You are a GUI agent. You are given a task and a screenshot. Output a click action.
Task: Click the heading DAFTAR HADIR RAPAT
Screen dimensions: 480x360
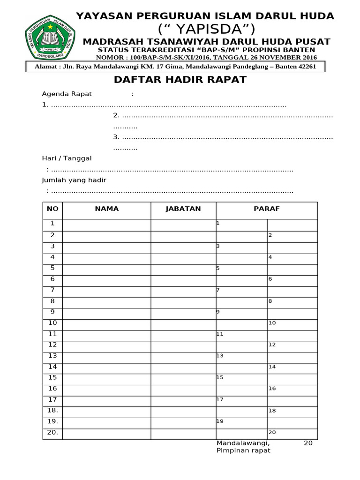pos(180,80)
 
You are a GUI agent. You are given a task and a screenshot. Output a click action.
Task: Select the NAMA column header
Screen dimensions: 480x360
pos(107,209)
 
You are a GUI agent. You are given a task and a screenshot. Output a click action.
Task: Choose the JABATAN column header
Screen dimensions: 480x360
pos(183,209)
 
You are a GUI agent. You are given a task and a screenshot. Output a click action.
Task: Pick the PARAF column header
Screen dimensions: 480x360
pos(266,209)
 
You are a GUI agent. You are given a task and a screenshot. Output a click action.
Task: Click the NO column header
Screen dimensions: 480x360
pos(52,209)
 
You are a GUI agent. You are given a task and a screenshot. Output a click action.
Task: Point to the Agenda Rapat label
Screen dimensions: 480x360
pos(67,94)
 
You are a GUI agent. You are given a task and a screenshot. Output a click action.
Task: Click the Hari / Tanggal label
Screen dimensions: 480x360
pos(67,158)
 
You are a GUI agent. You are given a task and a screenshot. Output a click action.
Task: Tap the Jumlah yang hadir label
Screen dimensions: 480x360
pos(74,180)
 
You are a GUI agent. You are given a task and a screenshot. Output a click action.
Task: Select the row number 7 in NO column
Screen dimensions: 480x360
pos(52,290)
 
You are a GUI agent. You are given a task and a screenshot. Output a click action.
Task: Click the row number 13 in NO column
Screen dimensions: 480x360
pos(52,355)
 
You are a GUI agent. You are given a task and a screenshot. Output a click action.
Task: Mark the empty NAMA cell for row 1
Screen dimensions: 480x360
pos(107,225)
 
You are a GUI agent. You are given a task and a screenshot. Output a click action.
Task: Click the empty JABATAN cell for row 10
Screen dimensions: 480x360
pos(183,323)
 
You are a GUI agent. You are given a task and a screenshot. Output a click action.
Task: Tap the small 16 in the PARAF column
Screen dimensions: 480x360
pos(272,389)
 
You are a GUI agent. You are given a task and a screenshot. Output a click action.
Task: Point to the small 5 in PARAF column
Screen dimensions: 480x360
pos(218,269)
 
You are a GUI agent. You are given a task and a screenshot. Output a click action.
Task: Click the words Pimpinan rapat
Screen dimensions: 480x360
pos(243,450)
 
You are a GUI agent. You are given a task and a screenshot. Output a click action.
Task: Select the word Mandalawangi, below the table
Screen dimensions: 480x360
pos(243,443)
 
